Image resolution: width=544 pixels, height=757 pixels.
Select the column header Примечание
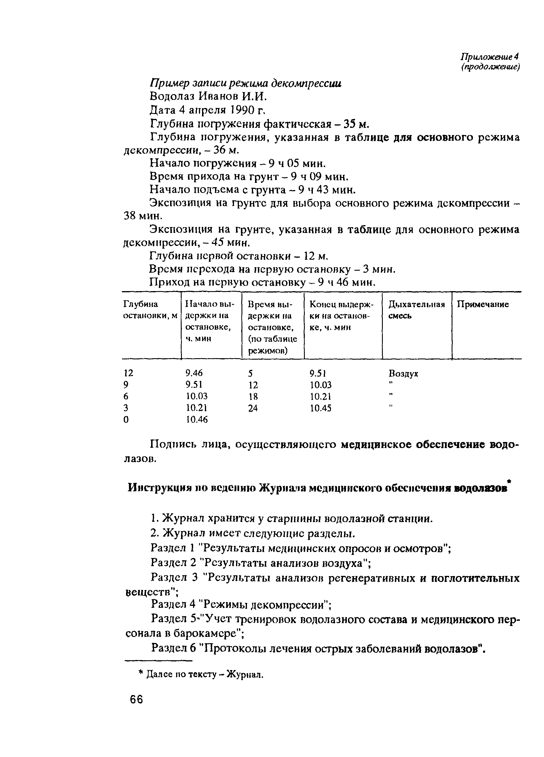pos(483,304)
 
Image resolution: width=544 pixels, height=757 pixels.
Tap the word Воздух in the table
pos(403,373)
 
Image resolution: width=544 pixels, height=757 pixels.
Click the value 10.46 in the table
pos(197,420)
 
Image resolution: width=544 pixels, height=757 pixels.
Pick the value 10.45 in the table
pos(320,408)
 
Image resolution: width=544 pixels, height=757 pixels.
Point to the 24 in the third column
pos(253,408)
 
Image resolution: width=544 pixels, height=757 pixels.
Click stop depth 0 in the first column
pos(126,420)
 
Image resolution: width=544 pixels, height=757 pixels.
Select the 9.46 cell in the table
pos(194,373)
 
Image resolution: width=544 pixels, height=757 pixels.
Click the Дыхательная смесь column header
pos(416,310)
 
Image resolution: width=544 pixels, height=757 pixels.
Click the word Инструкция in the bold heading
pos(159,488)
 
